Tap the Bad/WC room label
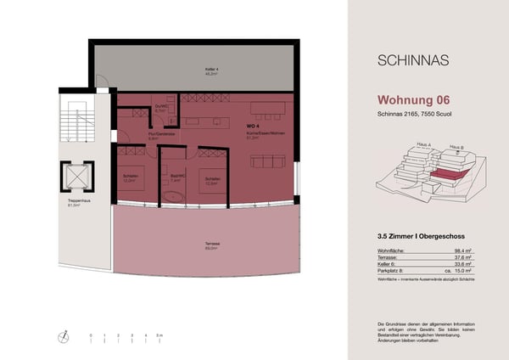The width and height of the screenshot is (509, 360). (176, 179)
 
